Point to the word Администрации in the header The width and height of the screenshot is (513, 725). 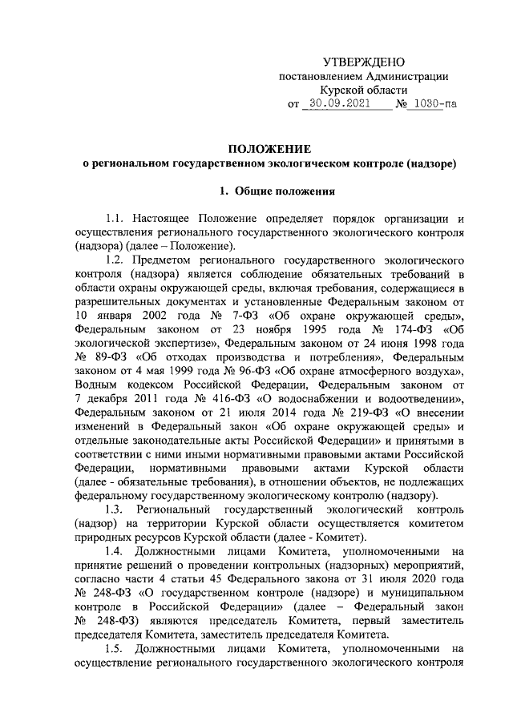click(x=406, y=77)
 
